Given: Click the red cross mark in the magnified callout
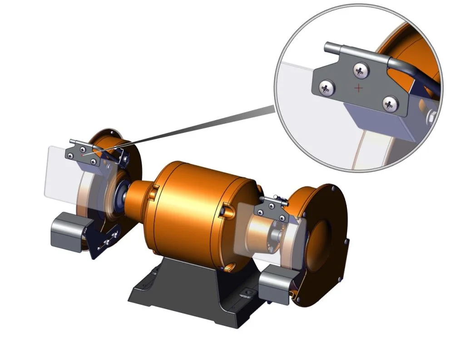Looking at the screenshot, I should (359, 88).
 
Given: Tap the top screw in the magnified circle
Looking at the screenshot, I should (361, 70).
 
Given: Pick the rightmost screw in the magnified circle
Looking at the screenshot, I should (389, 104).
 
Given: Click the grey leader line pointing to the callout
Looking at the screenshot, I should (191, 128).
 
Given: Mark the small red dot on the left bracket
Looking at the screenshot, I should (82, 155).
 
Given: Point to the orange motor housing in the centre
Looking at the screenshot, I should (200, 204).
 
